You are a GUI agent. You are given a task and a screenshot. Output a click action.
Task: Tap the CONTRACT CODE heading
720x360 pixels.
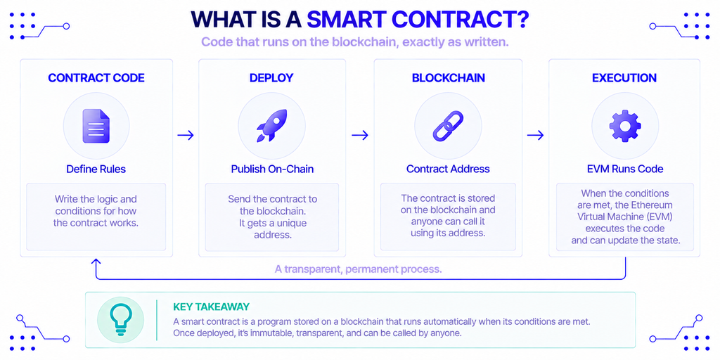[x=96, y=78]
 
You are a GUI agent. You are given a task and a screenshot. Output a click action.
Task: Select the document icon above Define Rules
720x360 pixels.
[x=96, y=126]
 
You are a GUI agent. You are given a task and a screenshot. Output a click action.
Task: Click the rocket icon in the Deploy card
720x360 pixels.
[x=271, y=125]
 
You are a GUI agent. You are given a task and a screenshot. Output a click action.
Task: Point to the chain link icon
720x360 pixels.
[x=448, y=126]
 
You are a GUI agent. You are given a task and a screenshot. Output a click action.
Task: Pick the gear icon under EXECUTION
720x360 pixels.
[x=624, y=125]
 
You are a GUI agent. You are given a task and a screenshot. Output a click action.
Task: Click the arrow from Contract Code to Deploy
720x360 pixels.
[x=186, y=135]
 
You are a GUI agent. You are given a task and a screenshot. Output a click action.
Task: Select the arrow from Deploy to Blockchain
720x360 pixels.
[x=360, y=135]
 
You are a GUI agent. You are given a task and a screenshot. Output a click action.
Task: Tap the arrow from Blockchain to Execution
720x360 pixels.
[x=535, y=135]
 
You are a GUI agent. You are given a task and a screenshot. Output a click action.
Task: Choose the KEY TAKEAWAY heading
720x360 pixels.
[x=211, y=307]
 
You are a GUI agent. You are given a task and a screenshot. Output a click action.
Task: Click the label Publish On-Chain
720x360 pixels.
[x=272, y=169]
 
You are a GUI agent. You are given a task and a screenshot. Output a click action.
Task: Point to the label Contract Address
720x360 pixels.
[x=448, y=169]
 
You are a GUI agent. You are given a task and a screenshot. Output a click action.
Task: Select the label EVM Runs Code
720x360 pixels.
[x=624, y=169]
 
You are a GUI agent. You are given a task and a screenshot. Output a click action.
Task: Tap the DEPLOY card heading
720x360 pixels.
[x=271, y=78]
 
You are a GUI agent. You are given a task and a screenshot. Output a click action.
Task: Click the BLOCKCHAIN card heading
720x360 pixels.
[x=448, y=78]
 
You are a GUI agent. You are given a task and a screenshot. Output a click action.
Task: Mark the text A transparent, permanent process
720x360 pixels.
[x=358, y=269]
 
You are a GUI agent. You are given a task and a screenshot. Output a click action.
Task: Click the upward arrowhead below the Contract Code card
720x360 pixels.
[x=96, y=262]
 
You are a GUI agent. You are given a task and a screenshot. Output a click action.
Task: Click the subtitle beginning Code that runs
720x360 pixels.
[x=355, y=43]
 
